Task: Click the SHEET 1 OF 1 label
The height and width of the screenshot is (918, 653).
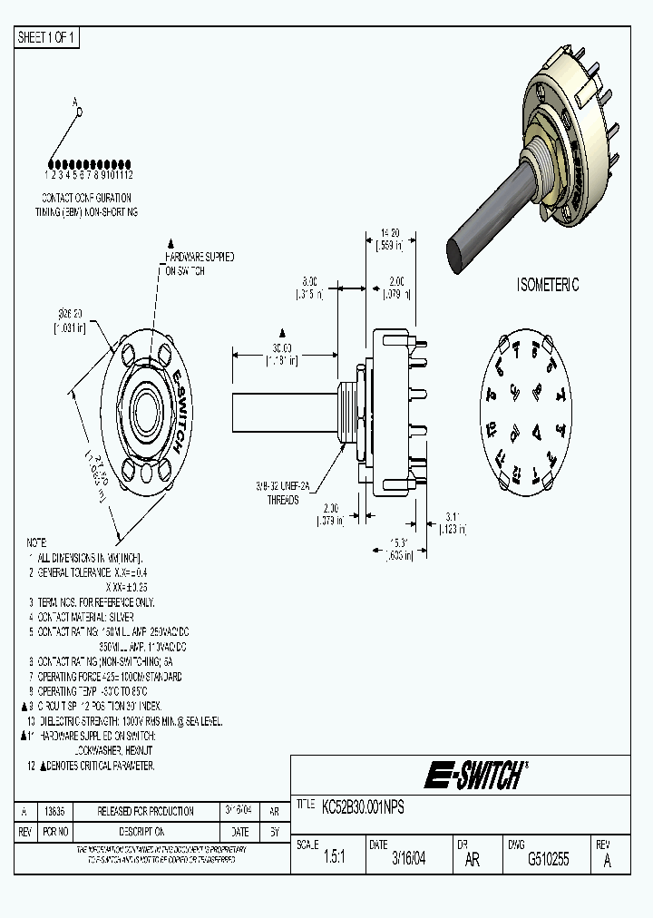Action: [x=48, y=37]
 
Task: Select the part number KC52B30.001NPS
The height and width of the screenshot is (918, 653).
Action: [x=364, y=806]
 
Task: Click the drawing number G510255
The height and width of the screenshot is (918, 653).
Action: [x=548, y=859]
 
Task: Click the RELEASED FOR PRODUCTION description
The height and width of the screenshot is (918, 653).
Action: [x=145, y=811]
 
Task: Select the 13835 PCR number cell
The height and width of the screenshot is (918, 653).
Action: [x=56, y=811]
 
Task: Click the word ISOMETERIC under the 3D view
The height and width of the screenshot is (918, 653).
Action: [x=548, y=285]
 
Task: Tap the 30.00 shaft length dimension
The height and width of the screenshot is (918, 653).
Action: [x=283, y=347]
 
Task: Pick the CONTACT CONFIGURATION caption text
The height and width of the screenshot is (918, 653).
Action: [x=87, y=198]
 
